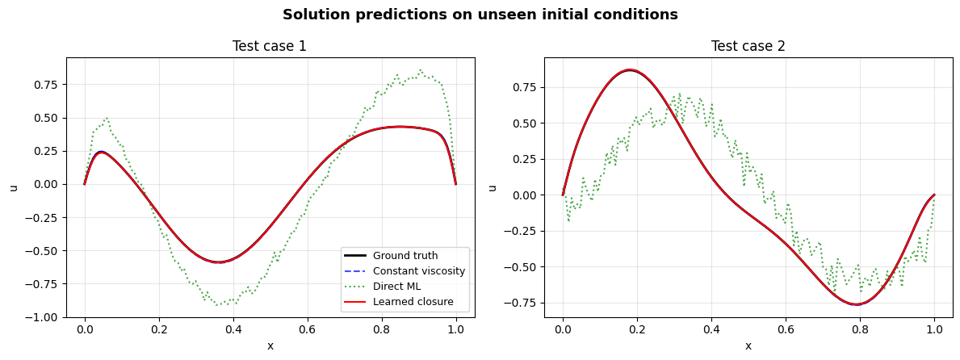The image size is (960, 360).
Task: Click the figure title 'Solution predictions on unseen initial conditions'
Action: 480,15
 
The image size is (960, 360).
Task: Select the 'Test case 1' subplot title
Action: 270,46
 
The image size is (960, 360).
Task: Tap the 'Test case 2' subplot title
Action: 748,46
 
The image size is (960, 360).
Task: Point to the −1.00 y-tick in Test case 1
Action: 46,317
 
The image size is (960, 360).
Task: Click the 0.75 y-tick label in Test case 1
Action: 49,84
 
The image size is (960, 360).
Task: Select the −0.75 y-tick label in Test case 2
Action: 524,303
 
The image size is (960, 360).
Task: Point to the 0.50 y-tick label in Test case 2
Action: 527,123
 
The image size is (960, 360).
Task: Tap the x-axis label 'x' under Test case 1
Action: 270,346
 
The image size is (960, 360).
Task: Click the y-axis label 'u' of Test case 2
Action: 493,187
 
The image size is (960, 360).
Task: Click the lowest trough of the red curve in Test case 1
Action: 219,262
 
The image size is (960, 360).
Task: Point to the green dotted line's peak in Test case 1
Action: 421,69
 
